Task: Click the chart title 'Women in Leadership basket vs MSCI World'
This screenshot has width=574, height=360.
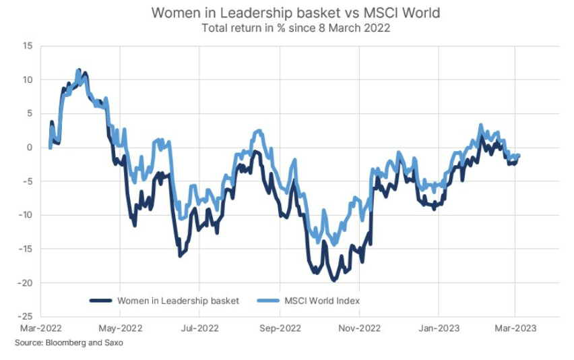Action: coord(287,13)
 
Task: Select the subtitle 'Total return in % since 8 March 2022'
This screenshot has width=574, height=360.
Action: coord(287,28)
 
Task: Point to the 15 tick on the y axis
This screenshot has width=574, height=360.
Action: coord(28,46)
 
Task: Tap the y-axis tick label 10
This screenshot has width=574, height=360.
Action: coord(28,80)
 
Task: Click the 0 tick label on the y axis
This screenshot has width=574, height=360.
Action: coord(30,148)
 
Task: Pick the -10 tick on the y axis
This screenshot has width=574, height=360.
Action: coord(26,215)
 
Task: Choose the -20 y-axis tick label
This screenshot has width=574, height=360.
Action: coord(26,282)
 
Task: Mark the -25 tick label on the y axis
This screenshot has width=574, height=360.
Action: coord(26,316)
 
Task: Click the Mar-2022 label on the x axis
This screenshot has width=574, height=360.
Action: coord(40,328)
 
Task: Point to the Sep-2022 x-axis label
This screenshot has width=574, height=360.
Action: coord(280,328)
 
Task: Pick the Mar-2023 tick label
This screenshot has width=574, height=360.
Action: coord(515,328)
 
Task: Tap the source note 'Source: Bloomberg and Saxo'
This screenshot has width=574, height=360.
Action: coord(69,343)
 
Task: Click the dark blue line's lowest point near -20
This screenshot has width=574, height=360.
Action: coord(333,279)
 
